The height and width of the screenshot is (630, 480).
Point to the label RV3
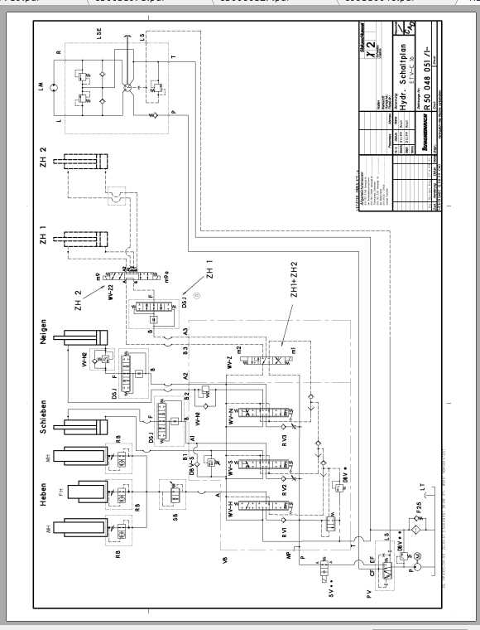coord(284,440)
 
